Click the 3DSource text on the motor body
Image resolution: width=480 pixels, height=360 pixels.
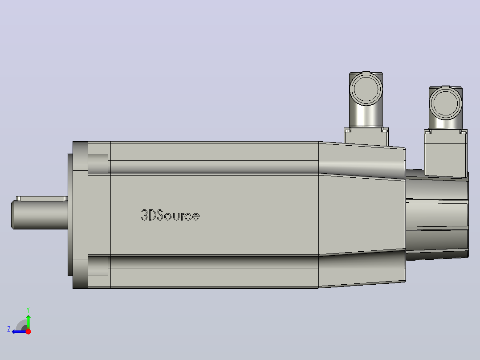click(170, 215)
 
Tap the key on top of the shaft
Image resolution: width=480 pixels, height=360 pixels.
click(42, 199)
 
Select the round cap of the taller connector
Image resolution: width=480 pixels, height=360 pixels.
click(366, 89)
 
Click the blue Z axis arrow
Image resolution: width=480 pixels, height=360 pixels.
click(20, 331)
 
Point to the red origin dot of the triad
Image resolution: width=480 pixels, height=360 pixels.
click(28, 331)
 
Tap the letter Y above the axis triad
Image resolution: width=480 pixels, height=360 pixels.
click(28, 310)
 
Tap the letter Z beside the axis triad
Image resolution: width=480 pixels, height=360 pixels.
click(9, 329)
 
